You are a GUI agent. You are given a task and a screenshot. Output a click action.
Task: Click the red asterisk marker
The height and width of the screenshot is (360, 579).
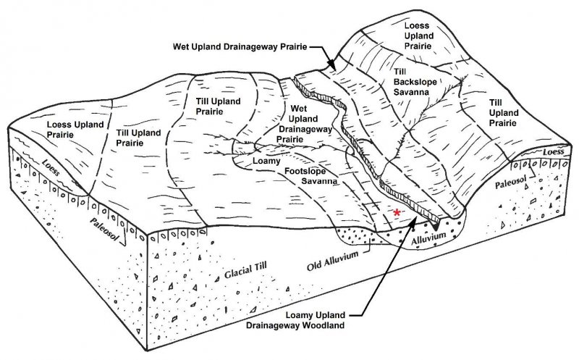pyautogui.click(x=397, y=212)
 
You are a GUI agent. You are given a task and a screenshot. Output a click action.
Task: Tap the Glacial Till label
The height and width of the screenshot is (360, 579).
pyautogui.click(x=245, y=272)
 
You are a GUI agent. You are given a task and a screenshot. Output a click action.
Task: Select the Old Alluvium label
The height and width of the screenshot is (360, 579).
pyautogui.click(x=332, y=261)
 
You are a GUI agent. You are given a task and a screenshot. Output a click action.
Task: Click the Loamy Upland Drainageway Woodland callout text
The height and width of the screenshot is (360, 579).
pyautogui.click(x=295, y=320)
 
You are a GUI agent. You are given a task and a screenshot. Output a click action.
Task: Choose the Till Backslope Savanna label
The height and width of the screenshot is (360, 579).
pyautogui.click(x=415, y=82)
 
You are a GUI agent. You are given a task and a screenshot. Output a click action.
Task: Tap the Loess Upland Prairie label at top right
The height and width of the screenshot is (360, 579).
pyautogui.click(x=419, y=35)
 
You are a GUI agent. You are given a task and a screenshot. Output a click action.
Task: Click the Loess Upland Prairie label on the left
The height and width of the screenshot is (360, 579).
pyautogui.click(x=75, y=130)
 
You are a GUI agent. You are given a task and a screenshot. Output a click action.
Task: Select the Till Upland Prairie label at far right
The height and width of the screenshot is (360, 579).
pyautogui.click(x=504, y=113)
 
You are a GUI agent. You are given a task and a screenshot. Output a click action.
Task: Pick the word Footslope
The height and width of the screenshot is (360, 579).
pyautogui.click(x=305, y=171)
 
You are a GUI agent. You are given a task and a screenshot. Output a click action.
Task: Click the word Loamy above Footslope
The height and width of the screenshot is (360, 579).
pyautogui.click(x=266, y=161)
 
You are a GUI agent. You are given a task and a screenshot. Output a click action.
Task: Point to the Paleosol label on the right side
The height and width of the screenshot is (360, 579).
pyautogui.click(x=510, y=183)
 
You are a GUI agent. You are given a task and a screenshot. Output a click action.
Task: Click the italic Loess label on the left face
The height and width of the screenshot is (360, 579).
pyautogui.click(x=51, y=167)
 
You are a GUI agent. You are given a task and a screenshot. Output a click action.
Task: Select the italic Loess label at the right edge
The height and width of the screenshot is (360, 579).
pyautogui.click(x=553, y=151)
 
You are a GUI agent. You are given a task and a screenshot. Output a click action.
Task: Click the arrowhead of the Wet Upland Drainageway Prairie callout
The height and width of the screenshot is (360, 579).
pyautogui.click(x=333, y=66)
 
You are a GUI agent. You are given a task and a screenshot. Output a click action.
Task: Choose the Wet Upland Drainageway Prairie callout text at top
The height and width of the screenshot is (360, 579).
pyautogui.click(x=240, y=47)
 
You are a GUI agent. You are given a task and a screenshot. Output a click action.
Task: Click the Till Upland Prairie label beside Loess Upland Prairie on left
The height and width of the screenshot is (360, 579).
pyautogui.click(x=138, y=138)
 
